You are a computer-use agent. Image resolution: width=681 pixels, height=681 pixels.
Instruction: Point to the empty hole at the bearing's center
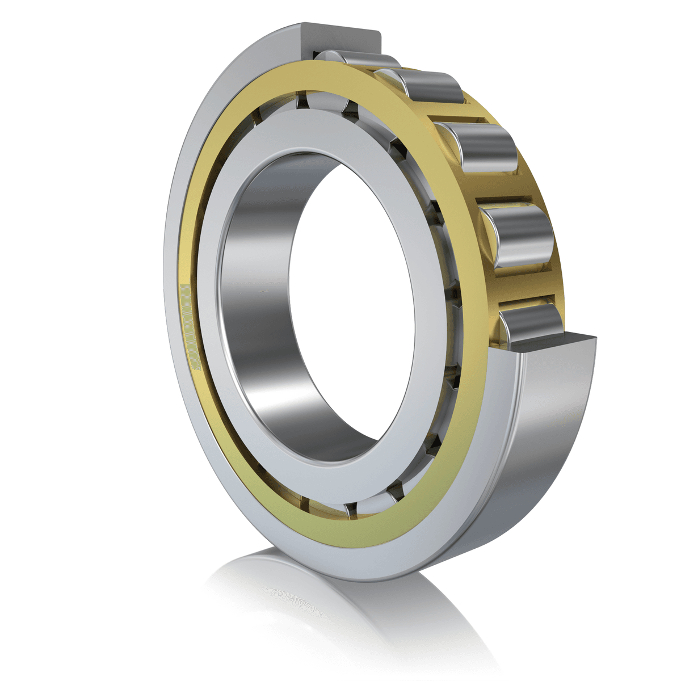coord(352,301)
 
